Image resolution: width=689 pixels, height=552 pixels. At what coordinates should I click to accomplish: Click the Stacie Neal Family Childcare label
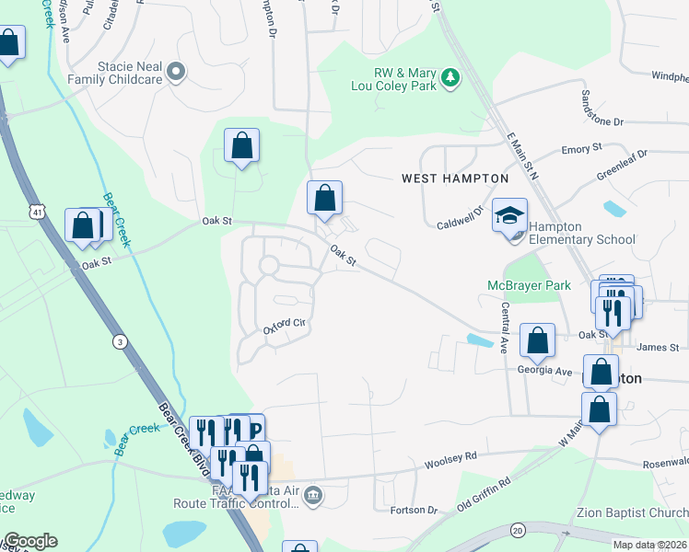(129, 73)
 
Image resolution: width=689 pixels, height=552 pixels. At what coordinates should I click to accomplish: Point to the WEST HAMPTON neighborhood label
(455, 178)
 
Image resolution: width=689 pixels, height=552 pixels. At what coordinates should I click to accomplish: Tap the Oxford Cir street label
(283, 324)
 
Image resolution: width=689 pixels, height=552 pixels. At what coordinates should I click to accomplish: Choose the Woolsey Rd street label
(450, 457)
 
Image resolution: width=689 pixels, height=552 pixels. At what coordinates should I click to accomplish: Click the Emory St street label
(581, 147)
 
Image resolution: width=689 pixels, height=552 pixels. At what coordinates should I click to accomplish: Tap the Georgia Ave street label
(543, 370)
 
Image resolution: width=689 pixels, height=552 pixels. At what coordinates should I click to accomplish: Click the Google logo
(29, 541)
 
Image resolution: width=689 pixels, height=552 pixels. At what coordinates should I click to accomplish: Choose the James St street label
(657, 347)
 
